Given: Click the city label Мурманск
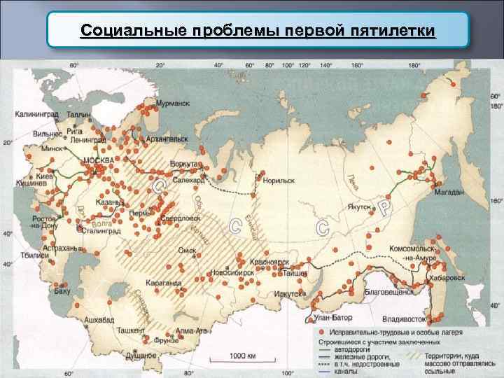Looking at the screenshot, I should tap(173, 103).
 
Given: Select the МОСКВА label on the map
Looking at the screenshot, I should tap(98, 160).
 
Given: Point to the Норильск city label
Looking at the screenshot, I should tap(279, 180).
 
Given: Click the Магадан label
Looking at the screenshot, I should tap(449, 192).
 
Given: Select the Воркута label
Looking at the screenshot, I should tap(185, 164).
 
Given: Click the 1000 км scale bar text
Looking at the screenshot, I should tap(243, 356).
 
